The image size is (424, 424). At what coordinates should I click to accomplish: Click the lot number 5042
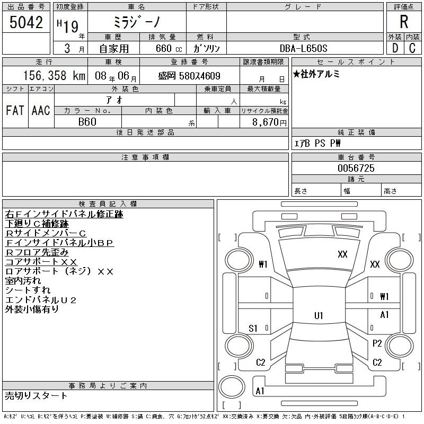point(26,22)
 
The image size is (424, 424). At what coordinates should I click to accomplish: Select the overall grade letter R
point(404,22)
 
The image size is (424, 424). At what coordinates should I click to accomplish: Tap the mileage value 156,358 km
point(54,76)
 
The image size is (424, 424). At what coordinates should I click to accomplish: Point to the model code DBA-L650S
point(303,48)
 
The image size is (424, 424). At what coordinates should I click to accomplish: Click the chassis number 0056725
point(356,168)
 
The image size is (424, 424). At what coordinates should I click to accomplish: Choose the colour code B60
point(87,122)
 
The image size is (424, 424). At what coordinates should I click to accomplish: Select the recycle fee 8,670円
point(269,122)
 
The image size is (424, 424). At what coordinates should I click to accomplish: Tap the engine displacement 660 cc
point(169,48)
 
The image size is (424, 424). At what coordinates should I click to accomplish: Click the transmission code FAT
point(15,110)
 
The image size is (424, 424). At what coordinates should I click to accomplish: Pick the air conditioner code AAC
point(41,110)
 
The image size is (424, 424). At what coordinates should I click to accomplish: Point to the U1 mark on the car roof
point(319,315)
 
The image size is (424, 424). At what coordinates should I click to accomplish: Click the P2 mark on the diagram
point(377,343)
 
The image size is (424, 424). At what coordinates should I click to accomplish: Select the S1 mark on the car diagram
point(253,328)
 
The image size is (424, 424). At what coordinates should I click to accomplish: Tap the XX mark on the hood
point(342,254)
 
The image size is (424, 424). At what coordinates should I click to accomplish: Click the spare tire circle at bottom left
point(232,386)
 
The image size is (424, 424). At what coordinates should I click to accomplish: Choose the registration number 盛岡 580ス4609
point(189,76)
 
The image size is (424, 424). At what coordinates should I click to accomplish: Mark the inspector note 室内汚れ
point(23,281)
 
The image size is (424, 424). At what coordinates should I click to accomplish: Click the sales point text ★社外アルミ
point(316,74)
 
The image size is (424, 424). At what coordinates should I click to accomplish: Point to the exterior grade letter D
point(395,48)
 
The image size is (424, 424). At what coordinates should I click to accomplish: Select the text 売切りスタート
point(36,395)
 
